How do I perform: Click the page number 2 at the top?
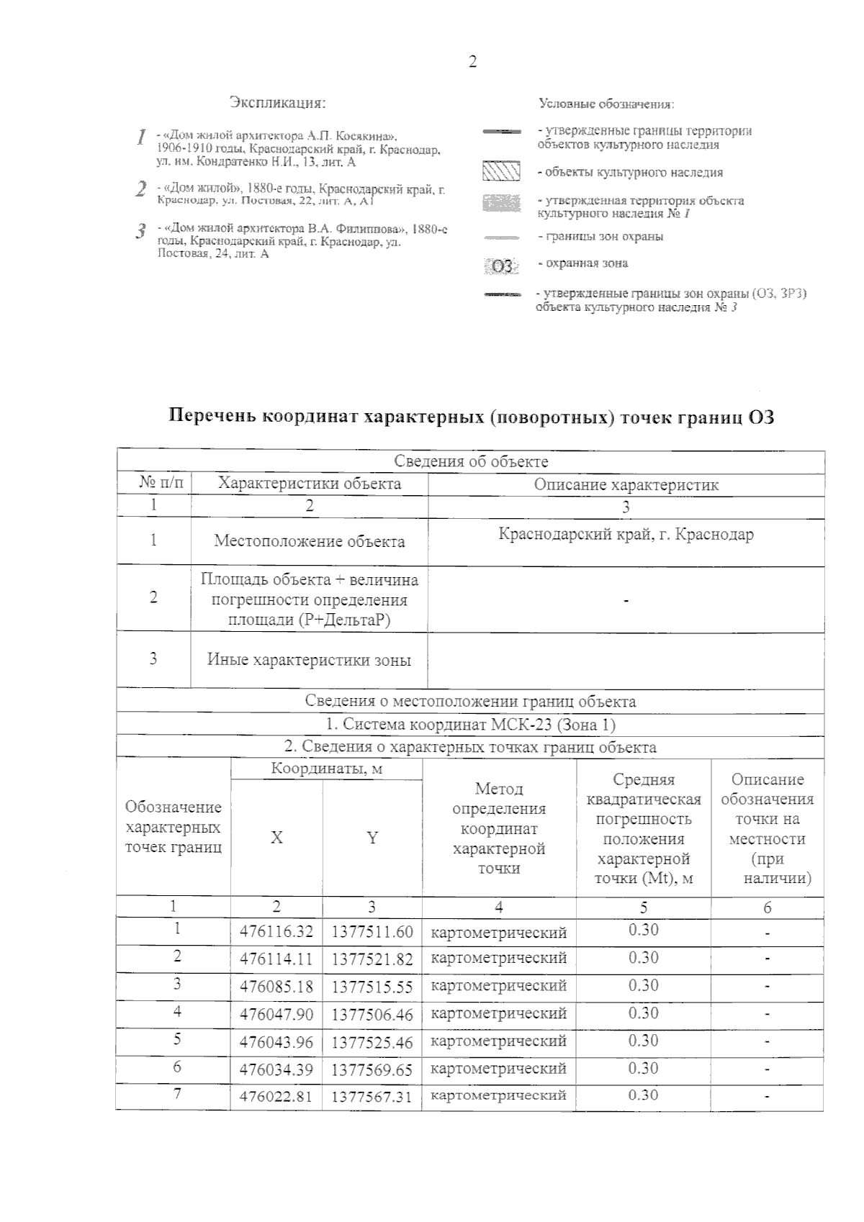[x=472, y=62]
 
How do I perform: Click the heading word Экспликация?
[x=278, y=103]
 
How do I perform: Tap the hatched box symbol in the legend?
[x=500, y=173]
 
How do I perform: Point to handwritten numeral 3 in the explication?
[x=141, y=232]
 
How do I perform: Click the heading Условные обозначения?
[x=606, y=104]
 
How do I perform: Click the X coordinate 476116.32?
[x=276, y=932]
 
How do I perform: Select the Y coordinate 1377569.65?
[x=372, y=1070]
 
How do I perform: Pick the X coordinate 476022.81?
[x=276, y=1097]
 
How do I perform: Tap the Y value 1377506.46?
[x=372, y=1015]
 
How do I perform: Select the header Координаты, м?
[x=326, y=769]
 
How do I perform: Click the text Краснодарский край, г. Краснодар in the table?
[x=626, y=535]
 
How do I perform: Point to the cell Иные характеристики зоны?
[x=309, y=659]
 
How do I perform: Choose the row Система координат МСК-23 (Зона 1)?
[x=471, y=724]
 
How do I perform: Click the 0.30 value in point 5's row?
[x=643, y=1041]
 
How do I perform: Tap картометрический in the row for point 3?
[x=498, y=986]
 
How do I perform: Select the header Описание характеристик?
[x=626, y=485]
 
